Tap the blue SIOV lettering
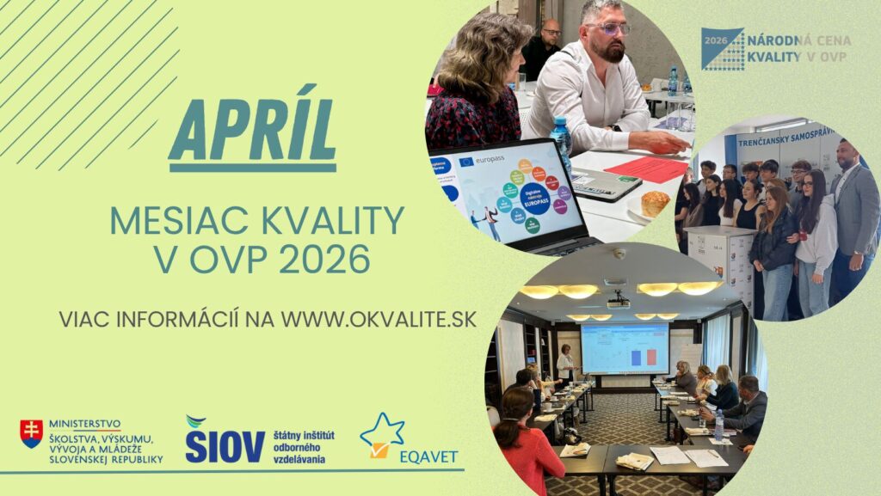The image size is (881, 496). [x=225, y=445]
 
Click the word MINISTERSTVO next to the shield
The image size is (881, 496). [x=84, y=424]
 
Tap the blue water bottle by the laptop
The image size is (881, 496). [x=561, y=142]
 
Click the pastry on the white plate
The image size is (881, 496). [x=655, y=204]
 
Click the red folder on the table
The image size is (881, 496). [x=644, y=169]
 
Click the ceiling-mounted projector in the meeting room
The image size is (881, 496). [x=617, y=300]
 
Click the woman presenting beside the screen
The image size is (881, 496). [x=565, y=364]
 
